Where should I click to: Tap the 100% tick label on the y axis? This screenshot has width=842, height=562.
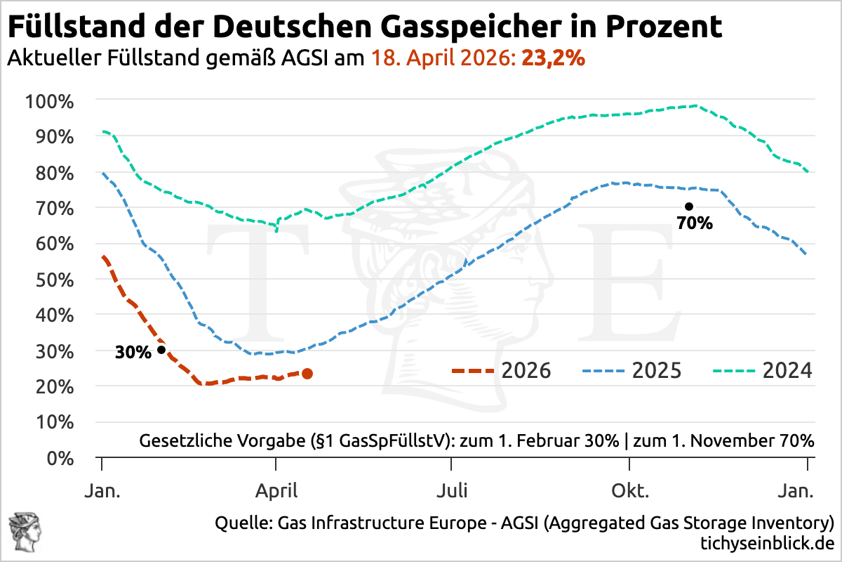point(49,100)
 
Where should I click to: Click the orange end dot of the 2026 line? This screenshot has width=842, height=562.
point(307,374)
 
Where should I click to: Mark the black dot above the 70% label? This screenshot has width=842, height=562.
point(689,207)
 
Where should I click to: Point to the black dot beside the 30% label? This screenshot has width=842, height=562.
point(161,350)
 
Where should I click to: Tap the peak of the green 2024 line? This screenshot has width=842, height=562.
point(694,105)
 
